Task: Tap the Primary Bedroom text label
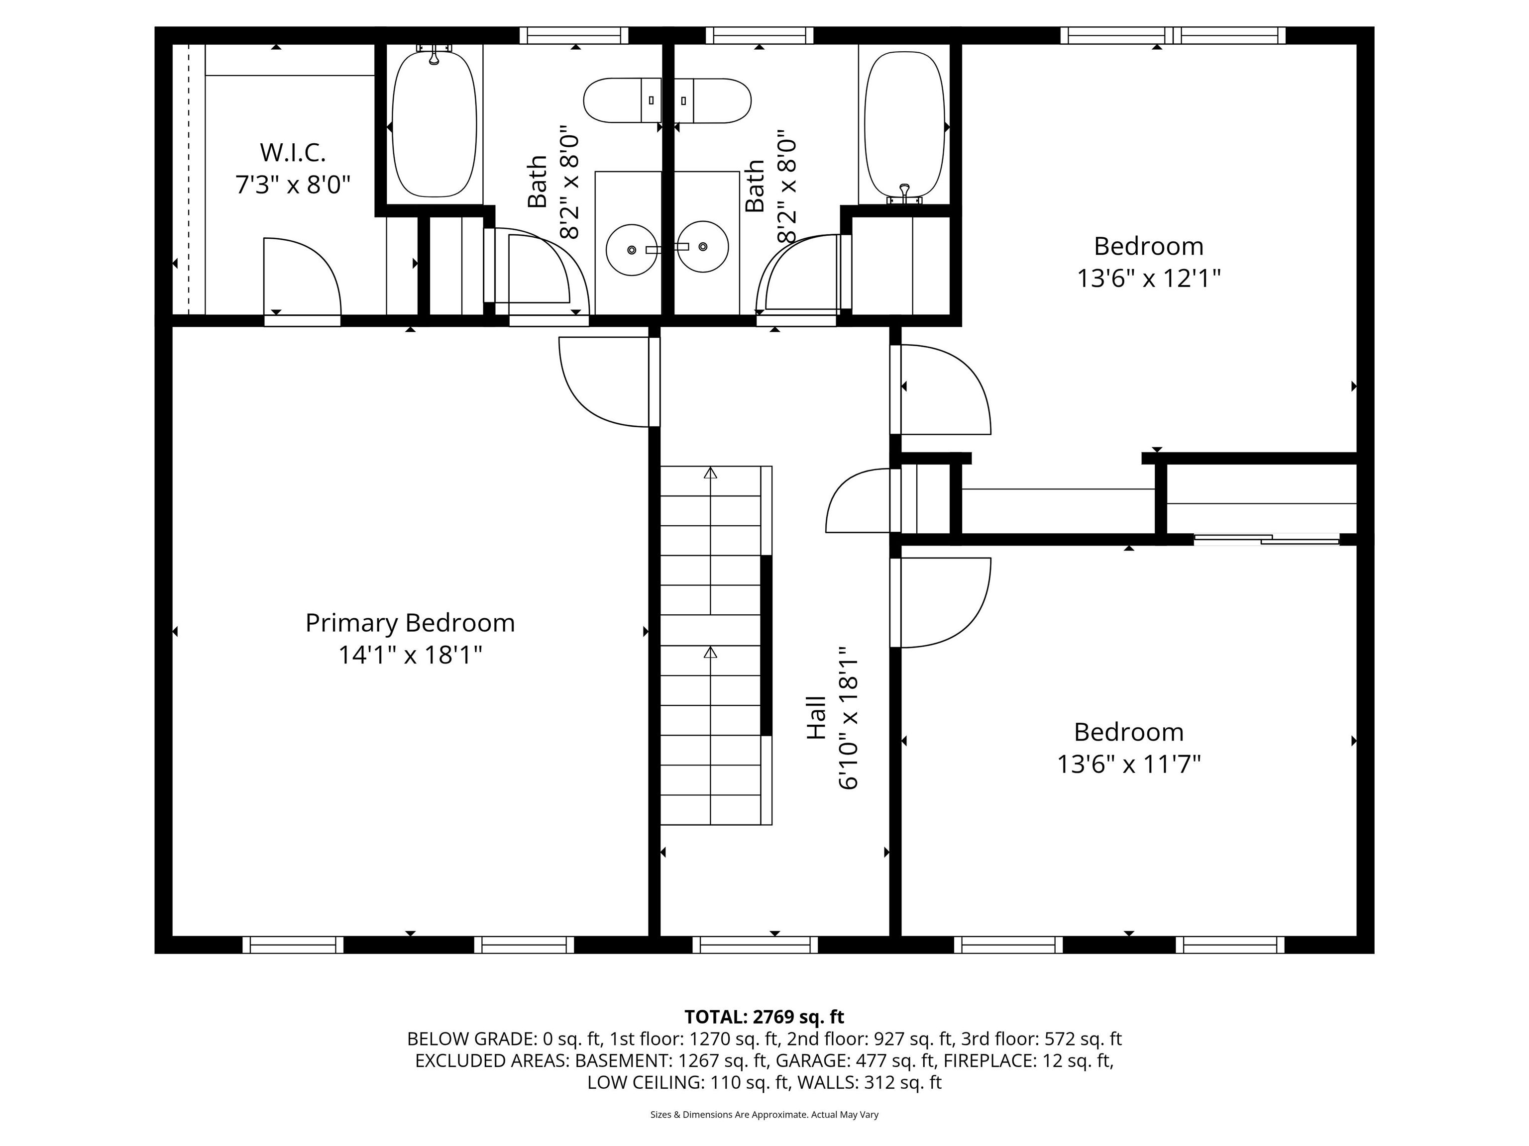[x=410, y=623]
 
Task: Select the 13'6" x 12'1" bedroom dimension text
[x=1148, y=279]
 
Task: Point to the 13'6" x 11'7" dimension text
[x=1128, y=764]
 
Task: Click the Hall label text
[x=816, y=718]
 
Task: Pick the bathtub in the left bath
[x=434, y=124]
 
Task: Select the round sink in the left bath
[x=631, y=249]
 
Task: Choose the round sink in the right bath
[x=703, y=247]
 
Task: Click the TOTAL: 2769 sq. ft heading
[x=764, y=1017]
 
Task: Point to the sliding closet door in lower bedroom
[x=1266, y=540]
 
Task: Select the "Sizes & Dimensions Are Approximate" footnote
[x=764, y=1114]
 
